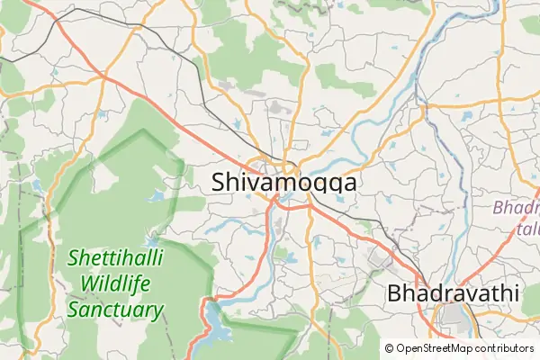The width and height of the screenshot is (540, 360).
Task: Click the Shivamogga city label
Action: (x=283, y=182)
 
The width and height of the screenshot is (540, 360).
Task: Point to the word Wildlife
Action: (x=115, y=285)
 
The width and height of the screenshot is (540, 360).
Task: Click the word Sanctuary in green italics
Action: (x=115, y=311)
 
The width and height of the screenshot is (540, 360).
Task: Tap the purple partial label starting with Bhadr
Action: (x=517, y=208)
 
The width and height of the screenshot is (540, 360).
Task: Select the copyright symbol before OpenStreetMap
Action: (x=389, y=348)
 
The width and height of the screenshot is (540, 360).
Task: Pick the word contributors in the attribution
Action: (x=505, y=348)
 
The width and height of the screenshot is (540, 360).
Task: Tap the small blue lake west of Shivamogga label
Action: (x=157, y=194)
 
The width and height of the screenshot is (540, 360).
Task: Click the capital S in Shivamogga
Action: (x=220, y=182)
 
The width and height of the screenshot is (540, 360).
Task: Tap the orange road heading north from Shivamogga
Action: (x=304, y=90)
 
